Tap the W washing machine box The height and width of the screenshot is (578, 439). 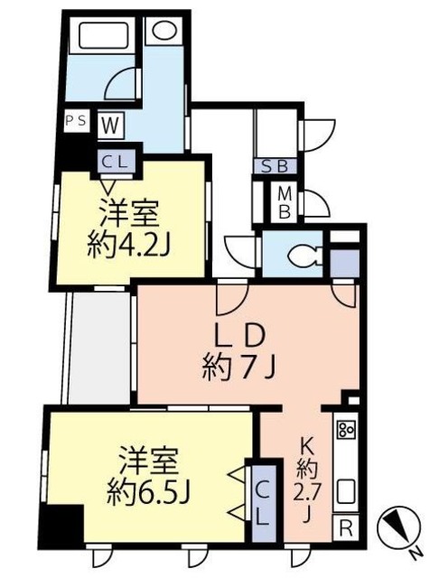point(110,123)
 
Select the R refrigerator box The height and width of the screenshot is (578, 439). point(346,527)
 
